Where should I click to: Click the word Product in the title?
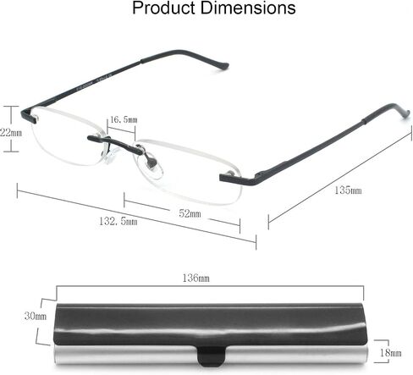point(164,8)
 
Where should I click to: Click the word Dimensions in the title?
point(248,8)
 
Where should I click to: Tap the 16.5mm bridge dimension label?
point(124,119)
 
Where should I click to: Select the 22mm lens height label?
point(11,132)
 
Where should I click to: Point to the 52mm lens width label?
point(190,213)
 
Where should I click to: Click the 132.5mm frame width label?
point(118,221)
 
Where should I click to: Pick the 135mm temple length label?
point(348,190)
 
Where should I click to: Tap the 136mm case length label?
point(195,278)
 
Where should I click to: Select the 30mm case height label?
point(36,316)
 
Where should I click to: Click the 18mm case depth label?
point(391,352)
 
